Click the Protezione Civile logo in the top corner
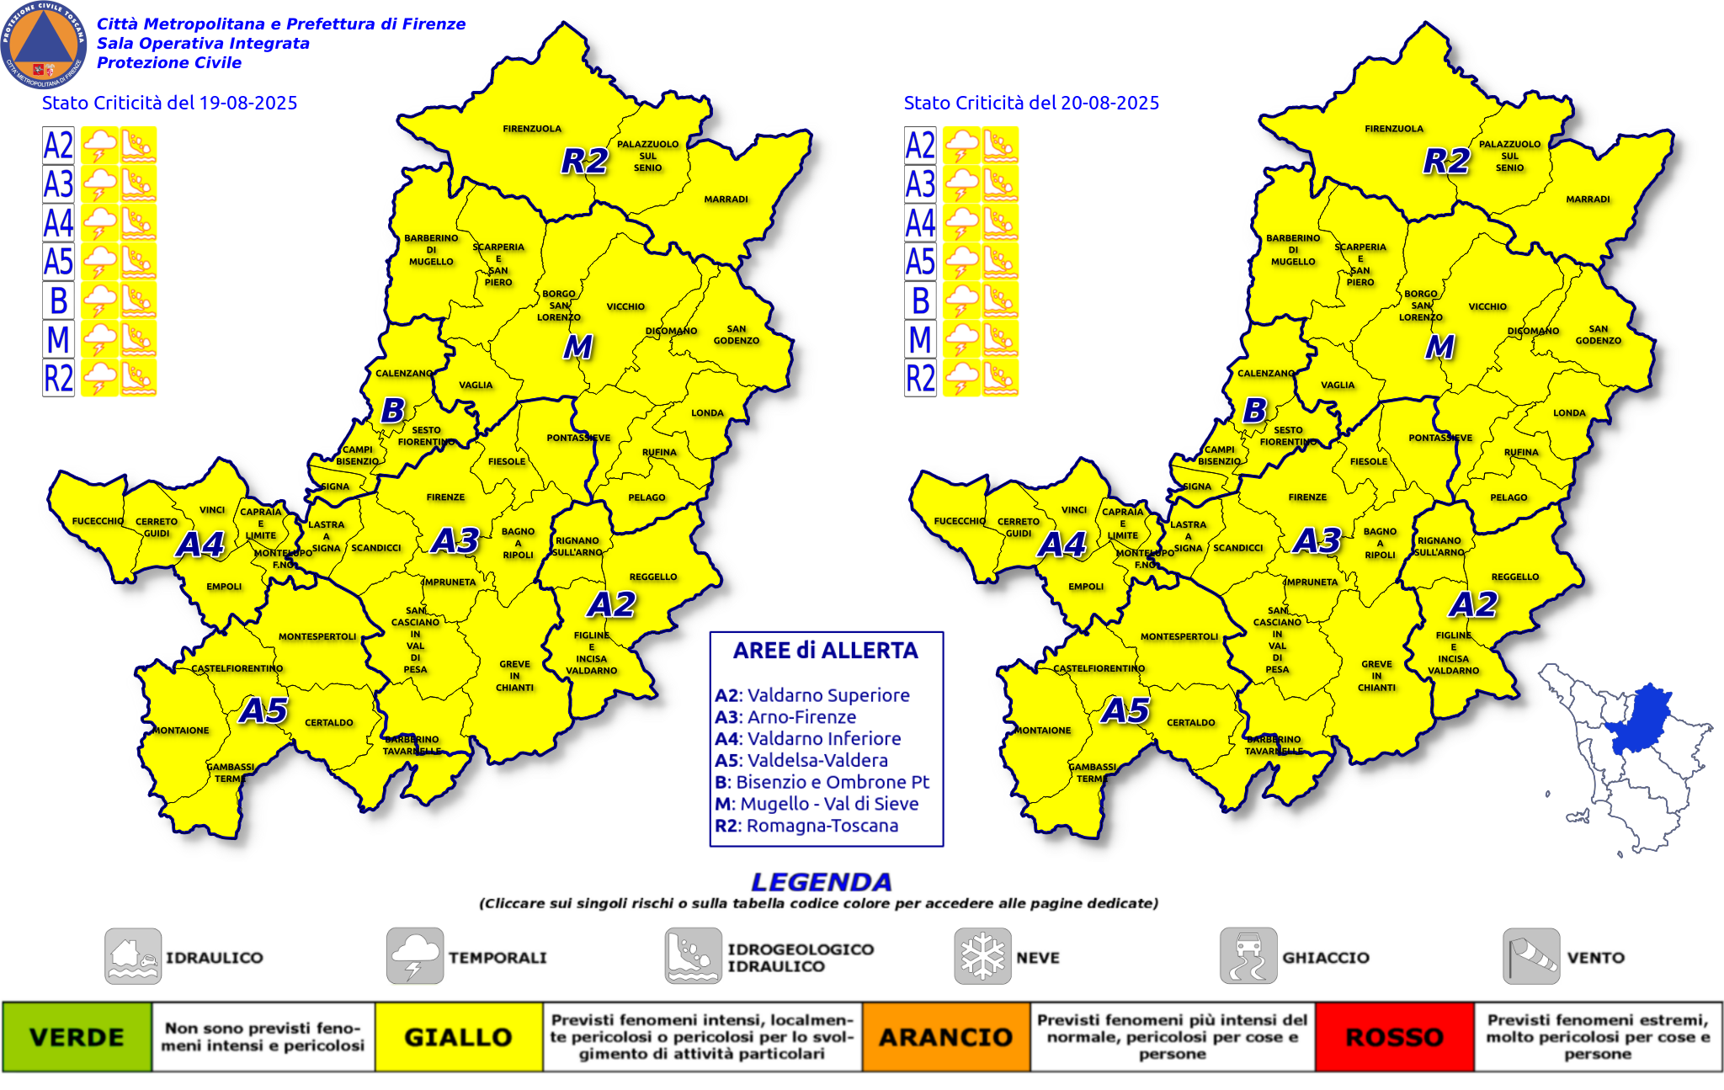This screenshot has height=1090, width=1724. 44,44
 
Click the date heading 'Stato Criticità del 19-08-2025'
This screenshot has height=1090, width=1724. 169,103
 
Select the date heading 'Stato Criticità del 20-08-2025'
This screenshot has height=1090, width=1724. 1031,103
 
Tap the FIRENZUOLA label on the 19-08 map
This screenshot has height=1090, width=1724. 532,129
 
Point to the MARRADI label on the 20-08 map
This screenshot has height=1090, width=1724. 1588,199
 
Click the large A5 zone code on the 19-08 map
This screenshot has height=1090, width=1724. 263,710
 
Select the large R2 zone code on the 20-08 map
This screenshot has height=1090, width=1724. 1446,160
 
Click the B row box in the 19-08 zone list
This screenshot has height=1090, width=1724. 59,300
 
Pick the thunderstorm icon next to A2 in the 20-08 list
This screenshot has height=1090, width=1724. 961,145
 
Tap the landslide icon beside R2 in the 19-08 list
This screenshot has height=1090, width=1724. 138,378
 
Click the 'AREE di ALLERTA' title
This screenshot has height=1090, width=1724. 825,651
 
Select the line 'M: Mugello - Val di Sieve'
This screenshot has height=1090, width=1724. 817,804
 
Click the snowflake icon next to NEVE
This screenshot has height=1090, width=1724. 982,956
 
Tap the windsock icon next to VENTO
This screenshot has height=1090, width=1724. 1531,956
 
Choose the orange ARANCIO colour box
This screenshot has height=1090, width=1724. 945,1037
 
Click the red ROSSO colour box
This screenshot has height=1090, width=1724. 1394,1037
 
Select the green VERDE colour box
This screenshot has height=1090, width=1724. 77,1037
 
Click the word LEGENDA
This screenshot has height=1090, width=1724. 821,882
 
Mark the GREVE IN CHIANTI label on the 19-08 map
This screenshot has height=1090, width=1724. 514,676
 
